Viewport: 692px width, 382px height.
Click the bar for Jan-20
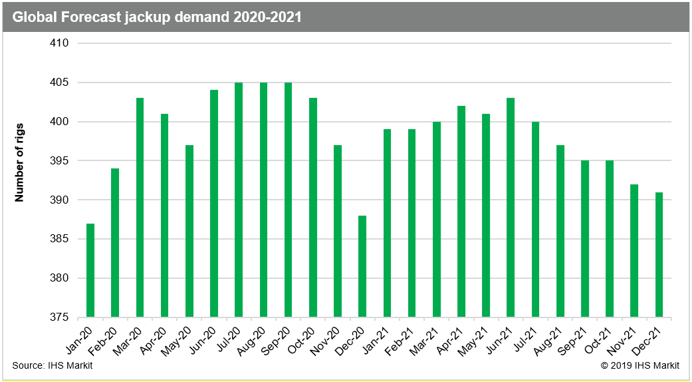tap(90, 270)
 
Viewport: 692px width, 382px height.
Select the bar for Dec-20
tap(362, 266)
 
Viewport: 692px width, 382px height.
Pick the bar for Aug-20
tap(263, 200)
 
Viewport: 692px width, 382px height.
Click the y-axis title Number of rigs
tap(19, 162)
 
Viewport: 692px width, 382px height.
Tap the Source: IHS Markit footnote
tap(52, 365)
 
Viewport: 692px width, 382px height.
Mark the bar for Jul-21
tap(535, 220)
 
